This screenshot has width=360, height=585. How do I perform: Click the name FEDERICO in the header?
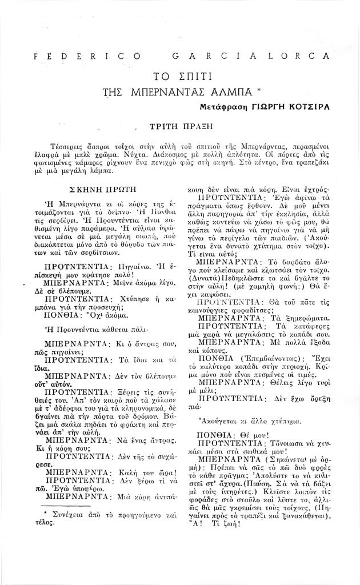tap(88, 56)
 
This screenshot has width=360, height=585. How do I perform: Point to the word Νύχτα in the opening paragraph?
tap(165, 154)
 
